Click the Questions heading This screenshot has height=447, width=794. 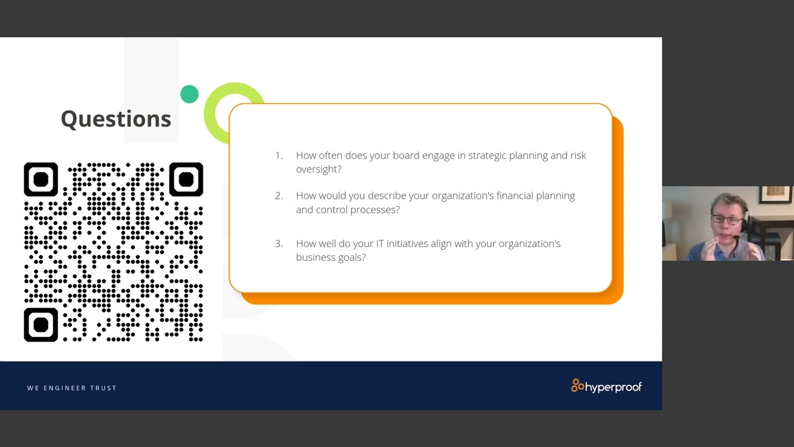point(116,119)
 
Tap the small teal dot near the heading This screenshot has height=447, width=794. point(189,94)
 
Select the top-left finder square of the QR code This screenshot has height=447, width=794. point(41,179)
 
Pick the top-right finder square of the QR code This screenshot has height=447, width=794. point(186,179)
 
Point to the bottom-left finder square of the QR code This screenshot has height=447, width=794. point(41,325)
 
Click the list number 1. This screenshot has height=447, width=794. point(279,155)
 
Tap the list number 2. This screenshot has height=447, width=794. point(279,196)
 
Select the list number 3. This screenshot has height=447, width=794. point(279,243)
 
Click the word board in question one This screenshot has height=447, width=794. point(406,155)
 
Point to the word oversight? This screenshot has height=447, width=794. point(319,169)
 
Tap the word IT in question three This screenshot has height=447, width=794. point(380,243)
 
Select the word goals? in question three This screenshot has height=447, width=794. point(352,257)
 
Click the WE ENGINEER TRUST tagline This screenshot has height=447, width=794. point(72,388)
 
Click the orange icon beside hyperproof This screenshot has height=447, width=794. point(578,386)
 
